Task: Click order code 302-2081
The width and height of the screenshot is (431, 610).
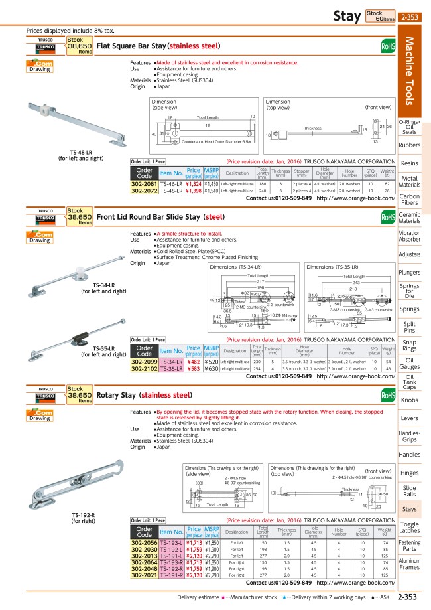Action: click(145, 183)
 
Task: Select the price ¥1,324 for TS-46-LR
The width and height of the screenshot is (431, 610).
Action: click(193, 183)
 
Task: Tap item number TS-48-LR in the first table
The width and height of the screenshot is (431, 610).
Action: click(172, 190)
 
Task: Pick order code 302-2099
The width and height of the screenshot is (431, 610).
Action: click(145, 362)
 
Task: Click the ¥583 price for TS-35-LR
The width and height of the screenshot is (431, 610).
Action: click(193, 368)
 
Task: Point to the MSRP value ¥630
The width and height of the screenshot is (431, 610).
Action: click(212, 368)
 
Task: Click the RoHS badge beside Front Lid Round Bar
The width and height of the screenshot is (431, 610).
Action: click(388, 216)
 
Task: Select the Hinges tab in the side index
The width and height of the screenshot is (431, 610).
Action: click(409, 473)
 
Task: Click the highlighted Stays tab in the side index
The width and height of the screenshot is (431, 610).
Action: click(409, 509)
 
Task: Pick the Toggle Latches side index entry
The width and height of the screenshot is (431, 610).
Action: click(409, 528)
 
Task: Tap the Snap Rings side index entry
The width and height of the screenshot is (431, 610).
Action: click(409, 345)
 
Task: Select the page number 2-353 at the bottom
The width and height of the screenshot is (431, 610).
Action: click(407, 597)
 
